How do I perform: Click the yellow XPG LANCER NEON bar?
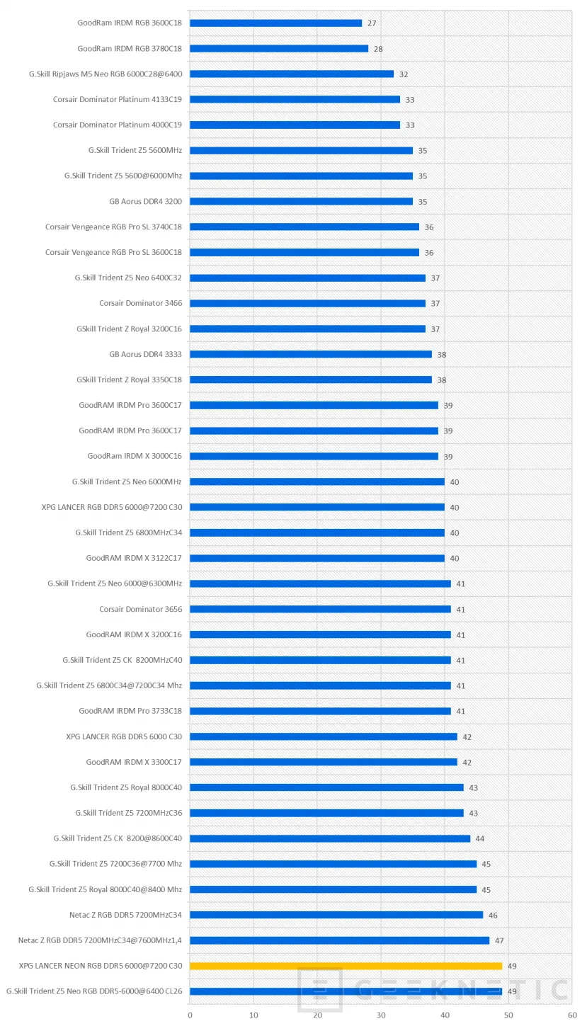coord(346,966)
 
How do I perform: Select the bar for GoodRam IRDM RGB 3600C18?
coord(275,23)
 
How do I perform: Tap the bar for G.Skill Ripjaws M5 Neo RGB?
coord(292,74)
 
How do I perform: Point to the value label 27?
coord(372,23)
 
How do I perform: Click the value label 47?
coord(499,940)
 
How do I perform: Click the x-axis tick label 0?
coord(190,1015)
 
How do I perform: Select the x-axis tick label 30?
coord(381,1015)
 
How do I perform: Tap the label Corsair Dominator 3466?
coord(140,303)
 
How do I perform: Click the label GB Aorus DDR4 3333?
coord(146,354)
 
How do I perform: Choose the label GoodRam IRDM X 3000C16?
coord(135,456)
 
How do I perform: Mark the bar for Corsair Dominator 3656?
coord(320,609)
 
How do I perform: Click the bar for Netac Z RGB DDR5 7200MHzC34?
coord(336,915)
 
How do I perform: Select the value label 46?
coord(493,915)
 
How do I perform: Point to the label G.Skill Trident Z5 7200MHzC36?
coord(128,813)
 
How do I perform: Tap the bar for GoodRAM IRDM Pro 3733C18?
coord(320,711)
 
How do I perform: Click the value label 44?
coord(480,838)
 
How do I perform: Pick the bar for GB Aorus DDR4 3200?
coord(301,201)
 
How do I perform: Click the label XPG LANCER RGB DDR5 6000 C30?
coord(124,736)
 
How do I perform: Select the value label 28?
coord(378,49)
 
